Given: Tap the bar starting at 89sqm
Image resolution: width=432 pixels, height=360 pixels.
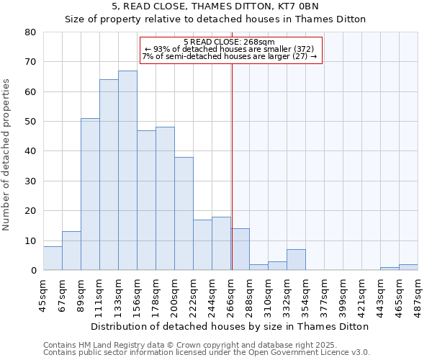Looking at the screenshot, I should pyautogui.click(x=90, y=194).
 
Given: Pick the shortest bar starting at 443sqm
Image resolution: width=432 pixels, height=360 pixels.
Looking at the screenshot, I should pyautogui.click(x=390, y=269).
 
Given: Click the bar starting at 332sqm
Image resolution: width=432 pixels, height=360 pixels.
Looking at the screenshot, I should pyautogui.click(x=296, y=260).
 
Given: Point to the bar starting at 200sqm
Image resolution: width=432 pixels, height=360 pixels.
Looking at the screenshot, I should pyautogui.click(x=184, y=214).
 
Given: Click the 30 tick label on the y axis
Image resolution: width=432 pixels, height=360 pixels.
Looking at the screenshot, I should pyautogui.click(x=31, y=181).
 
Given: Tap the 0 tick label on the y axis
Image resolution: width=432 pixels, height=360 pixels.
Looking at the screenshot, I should pyautogui.click(x=34, y=271).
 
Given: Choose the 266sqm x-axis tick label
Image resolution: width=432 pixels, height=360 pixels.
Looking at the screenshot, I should pyautogui.click(x=230, y=296).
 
